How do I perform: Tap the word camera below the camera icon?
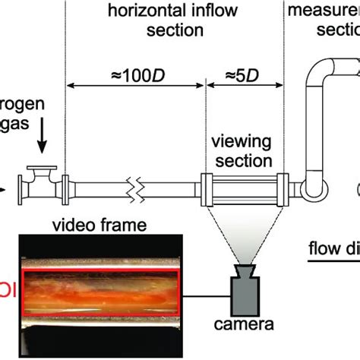tap(245, 348)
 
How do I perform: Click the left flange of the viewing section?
tap(207, 187)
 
